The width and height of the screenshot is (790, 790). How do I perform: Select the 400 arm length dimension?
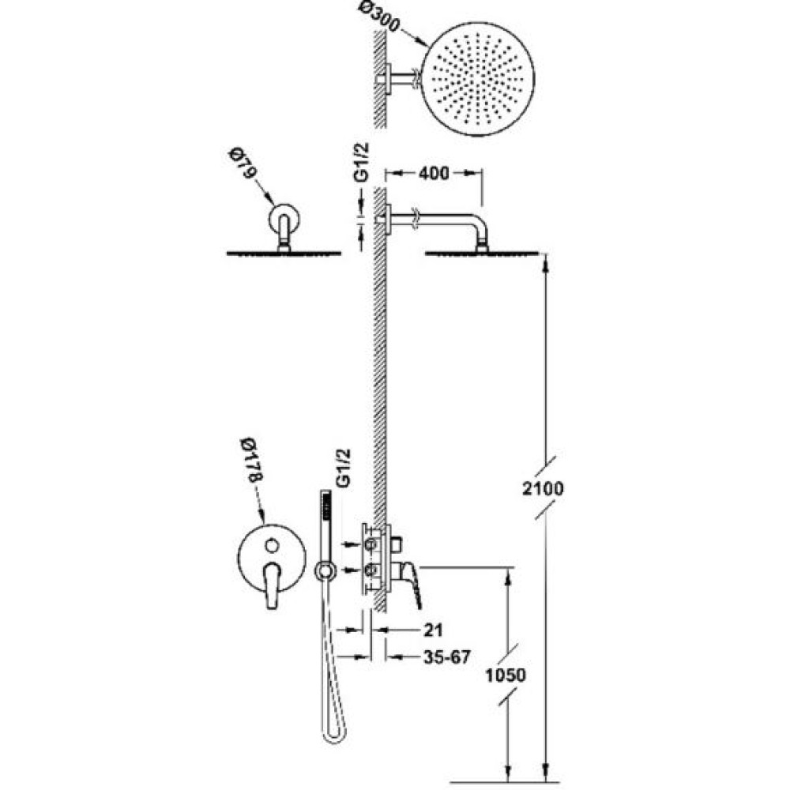coord(433,173)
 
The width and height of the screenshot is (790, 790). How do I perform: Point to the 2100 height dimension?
coord(543,488)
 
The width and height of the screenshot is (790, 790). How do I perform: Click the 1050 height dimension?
coord(506,675)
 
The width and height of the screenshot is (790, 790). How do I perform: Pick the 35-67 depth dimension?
coord(447,657)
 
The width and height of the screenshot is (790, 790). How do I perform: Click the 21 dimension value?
coord(433,630)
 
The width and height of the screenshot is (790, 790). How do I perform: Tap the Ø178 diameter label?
coord(252,462)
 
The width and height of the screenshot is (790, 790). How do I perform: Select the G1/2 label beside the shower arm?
coord(361,162)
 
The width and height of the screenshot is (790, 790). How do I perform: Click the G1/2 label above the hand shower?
coord(342,468)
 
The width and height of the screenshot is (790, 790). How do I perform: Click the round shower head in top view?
coord(477,78)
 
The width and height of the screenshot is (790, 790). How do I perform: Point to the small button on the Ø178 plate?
coord(272,545)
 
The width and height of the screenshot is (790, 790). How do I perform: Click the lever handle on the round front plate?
coord(272,585)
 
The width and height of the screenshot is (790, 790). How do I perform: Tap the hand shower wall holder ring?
coord(326,570)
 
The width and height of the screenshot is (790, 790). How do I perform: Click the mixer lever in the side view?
coord(411,585)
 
